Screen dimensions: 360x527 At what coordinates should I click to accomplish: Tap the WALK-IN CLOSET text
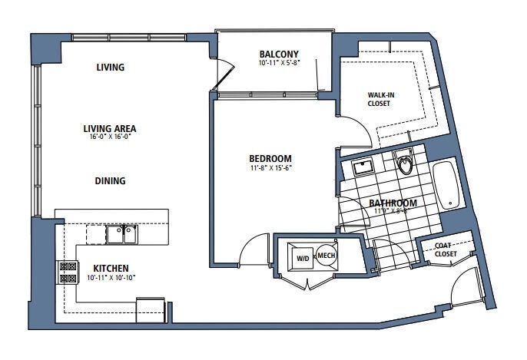pyautogui.click(x=381, y=99)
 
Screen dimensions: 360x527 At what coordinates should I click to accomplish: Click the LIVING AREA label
pyautogui.click(x=110, y=128)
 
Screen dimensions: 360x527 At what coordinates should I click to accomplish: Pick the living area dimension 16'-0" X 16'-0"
pyautogui.click(x=110, y=139)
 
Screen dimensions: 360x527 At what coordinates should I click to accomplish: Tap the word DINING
pyautogui.click(x=110, y=181)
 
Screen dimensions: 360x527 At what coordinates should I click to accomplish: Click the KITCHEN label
pyautogui.click(x=111, y=267)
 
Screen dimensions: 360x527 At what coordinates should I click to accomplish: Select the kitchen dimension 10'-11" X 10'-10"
pyautogui.click(x=111, y=277)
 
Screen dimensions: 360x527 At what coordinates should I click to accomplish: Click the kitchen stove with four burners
pyautogui.click(x=68, y=272)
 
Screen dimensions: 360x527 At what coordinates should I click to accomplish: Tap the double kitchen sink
pyautogui.click(x=121, y=233)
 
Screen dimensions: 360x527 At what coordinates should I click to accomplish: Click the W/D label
pyautogui.click(x=303, y=258)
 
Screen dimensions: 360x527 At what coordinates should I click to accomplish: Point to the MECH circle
pyautogui.click(x=326, y=256)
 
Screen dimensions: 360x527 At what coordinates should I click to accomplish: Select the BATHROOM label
pyautogui.click(x=394, y=203)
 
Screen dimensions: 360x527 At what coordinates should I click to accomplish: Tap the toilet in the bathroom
pyautogui.click(x=405, y=163)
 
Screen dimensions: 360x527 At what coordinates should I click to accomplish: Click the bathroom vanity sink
pyautogui.click(x=360, y=166)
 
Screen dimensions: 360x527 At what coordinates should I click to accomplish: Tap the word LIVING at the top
pyautogui.click(x=110, y=68)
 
